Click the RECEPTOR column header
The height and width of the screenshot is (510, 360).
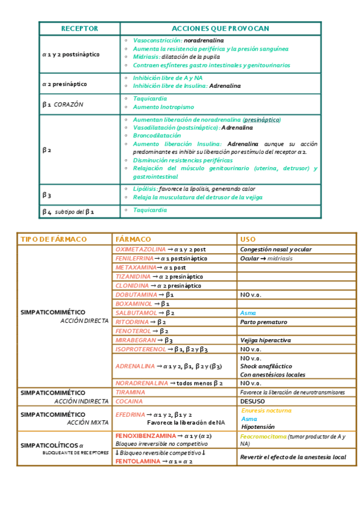[79, 29]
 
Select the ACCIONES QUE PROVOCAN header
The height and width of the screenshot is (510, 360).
[220, 29]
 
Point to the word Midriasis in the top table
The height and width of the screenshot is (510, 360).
[146, 57]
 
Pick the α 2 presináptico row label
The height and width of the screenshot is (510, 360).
[64, 85]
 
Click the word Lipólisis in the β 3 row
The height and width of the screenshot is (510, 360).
[145, 189]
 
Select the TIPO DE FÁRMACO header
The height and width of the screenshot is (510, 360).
[53, 239]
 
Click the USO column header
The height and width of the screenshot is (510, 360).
[248, 239]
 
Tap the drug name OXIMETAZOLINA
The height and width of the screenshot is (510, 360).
[140, 249]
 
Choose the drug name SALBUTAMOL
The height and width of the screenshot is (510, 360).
[136, 313]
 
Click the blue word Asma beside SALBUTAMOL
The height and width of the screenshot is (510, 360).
[248, 313]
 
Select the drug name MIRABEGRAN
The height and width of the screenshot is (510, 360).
[136, 340]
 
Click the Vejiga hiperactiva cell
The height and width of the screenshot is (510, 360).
[265, 340]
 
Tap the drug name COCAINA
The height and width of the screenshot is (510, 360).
[129, 401]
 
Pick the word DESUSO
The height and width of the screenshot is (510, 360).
[252, 401]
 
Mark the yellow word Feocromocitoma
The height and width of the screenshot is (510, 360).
[263, 437]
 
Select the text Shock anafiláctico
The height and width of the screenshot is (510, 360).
[266, 366]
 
